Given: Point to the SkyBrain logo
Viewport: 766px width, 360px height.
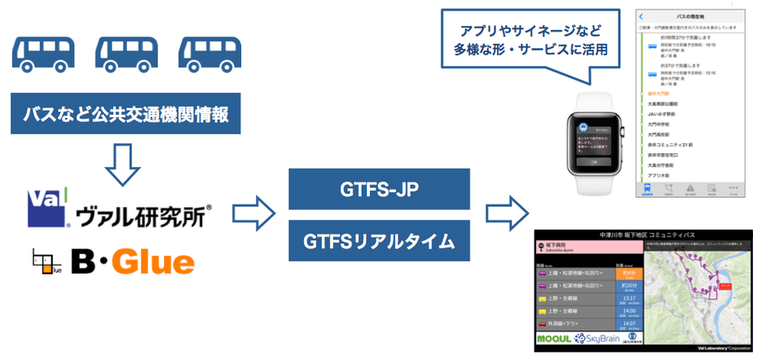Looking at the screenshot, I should click(x=604, y=338).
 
